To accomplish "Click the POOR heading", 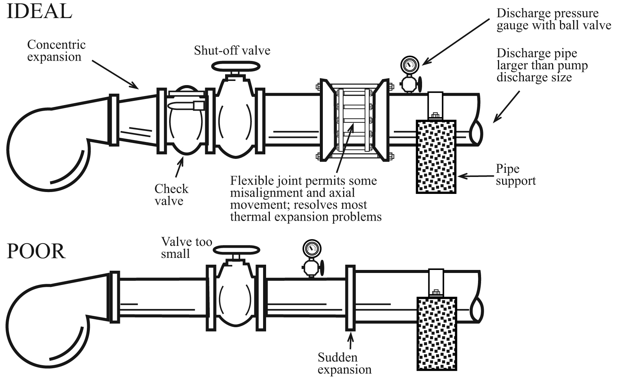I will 36,251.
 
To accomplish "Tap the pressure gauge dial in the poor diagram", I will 312,248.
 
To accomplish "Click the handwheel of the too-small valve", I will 236,250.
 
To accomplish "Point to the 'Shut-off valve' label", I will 232,51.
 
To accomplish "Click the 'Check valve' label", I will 171,195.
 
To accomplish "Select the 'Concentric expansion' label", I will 56,51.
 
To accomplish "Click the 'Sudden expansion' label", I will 344,363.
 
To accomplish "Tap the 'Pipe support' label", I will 515,175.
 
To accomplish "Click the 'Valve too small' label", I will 186,247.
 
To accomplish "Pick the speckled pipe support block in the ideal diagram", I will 436,157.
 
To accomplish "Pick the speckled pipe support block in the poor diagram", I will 437,333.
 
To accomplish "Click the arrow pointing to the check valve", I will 180,168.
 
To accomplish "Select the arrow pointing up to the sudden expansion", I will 351,341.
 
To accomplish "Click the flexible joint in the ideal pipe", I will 354,120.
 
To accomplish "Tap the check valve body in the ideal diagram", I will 184,124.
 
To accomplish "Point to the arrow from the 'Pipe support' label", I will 475,176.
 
